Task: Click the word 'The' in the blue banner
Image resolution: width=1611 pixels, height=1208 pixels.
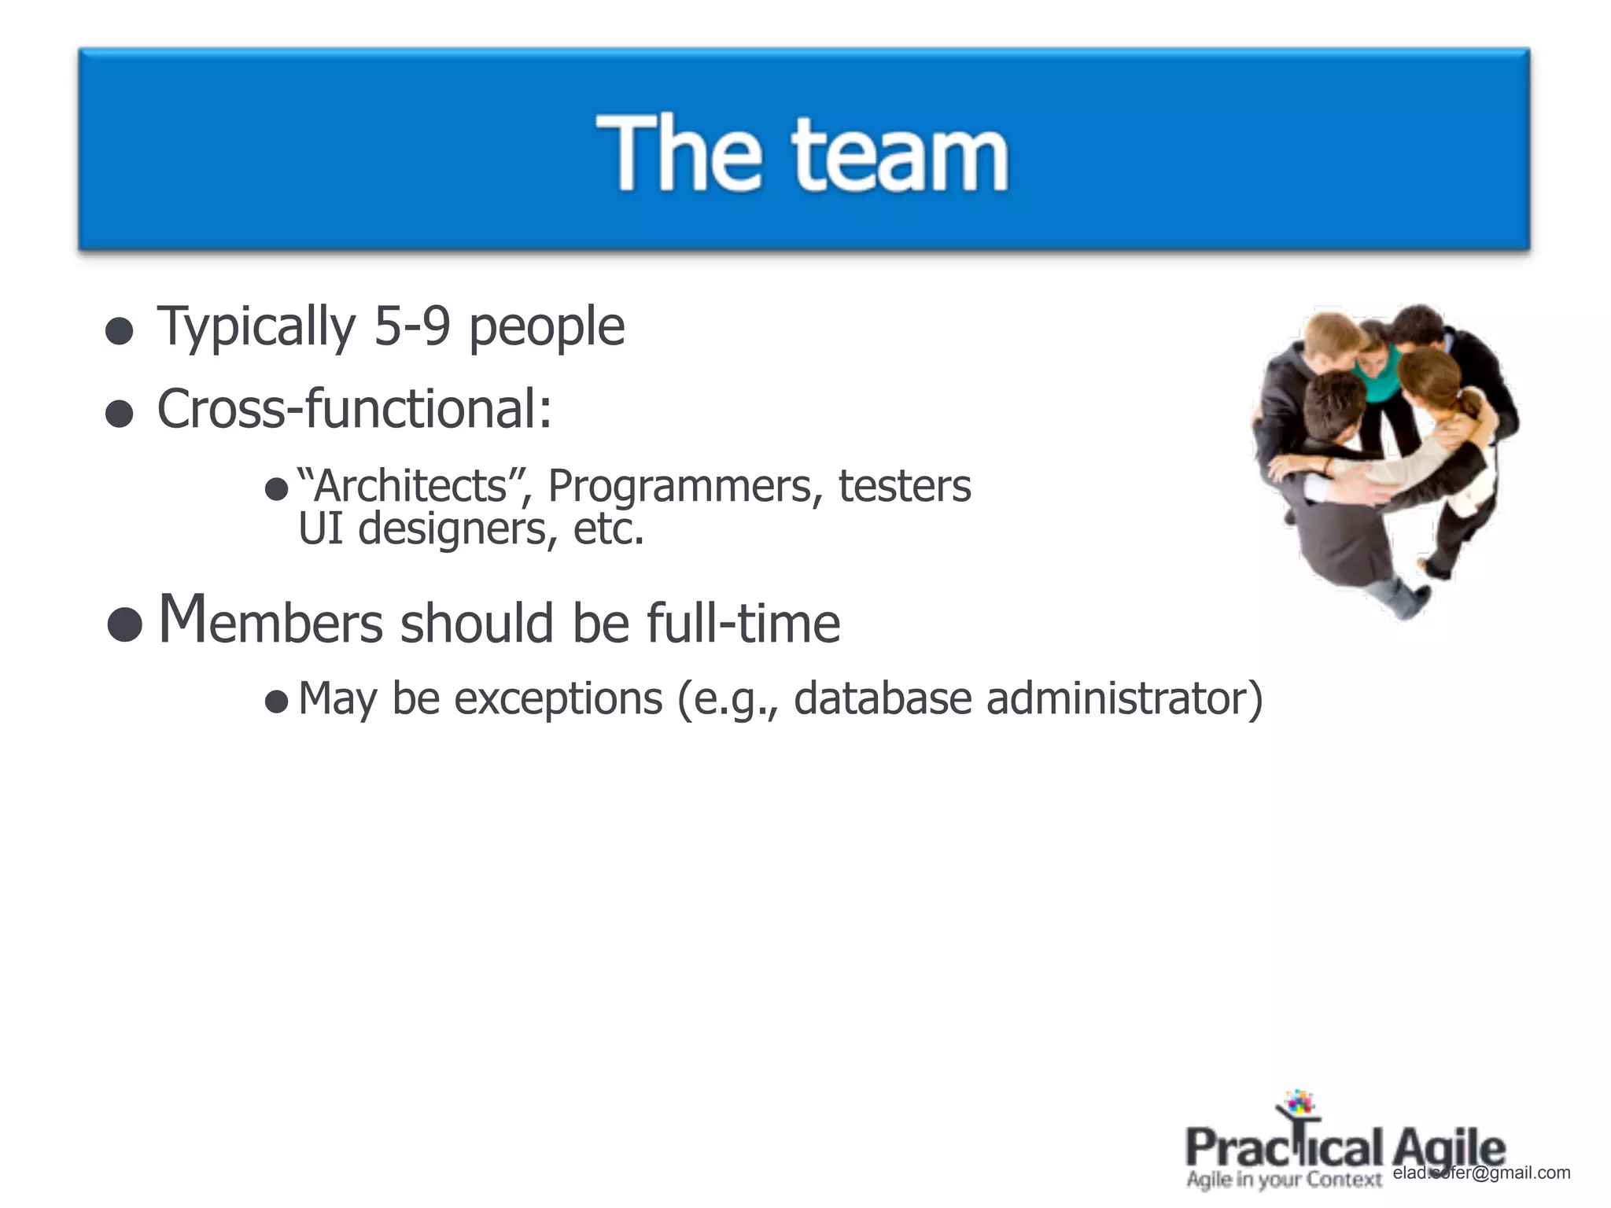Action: [x=679, y=153]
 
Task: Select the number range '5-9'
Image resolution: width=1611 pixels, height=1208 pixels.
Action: [x=411, y=326]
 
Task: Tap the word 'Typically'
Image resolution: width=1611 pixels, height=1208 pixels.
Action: [x=256, y=328]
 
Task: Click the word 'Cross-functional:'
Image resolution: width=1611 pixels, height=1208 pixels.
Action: [x=355, y=409]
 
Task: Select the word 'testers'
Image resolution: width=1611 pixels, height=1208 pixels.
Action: [x=905, y=486]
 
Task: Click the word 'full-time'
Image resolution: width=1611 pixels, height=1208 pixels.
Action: [x=743, y=623]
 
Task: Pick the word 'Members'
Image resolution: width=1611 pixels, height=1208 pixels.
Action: [x=271, y=621]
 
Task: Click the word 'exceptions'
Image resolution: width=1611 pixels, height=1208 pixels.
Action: [x=559, y=699]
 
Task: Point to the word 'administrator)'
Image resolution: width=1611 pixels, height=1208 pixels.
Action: [x=1124, y=698]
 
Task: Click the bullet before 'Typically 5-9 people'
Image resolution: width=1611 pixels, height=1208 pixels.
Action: [x=119, y=331]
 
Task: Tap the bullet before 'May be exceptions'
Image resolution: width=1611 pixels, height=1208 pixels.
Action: [x=276, y=701]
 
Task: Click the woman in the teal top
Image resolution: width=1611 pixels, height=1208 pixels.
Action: [x=1382, y=370]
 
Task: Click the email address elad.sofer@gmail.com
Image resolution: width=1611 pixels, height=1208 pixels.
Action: [x=1481, y=1173]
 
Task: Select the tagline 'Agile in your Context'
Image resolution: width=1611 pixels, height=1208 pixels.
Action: [x=1284, y=1180]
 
